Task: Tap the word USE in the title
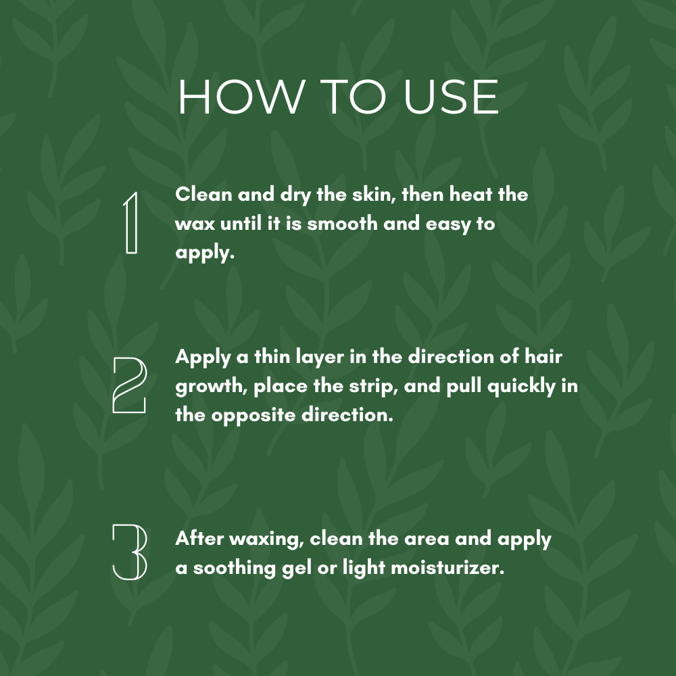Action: tap(451, 97)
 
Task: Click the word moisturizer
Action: tap(448, 568)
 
